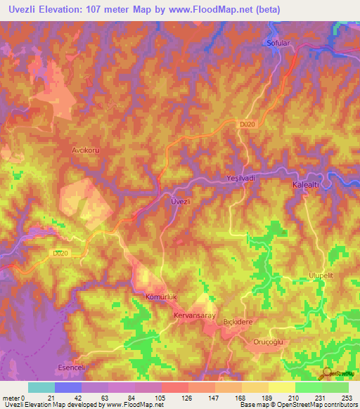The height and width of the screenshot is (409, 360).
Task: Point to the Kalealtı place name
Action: [x=307, y=183]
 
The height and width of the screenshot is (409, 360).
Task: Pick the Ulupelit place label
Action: [x=323, y=276]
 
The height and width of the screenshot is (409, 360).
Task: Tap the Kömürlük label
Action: [x=158, y=297]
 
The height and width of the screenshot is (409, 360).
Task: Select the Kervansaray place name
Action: [x=193, y=316]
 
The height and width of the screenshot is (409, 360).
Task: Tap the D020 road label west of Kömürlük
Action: [x=62, y=252]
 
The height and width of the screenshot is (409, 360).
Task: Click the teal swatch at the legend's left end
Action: [x=41, y=387]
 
